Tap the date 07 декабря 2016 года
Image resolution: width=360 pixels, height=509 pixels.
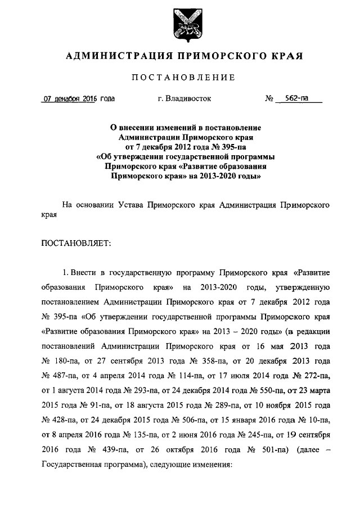tap(79, 98)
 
